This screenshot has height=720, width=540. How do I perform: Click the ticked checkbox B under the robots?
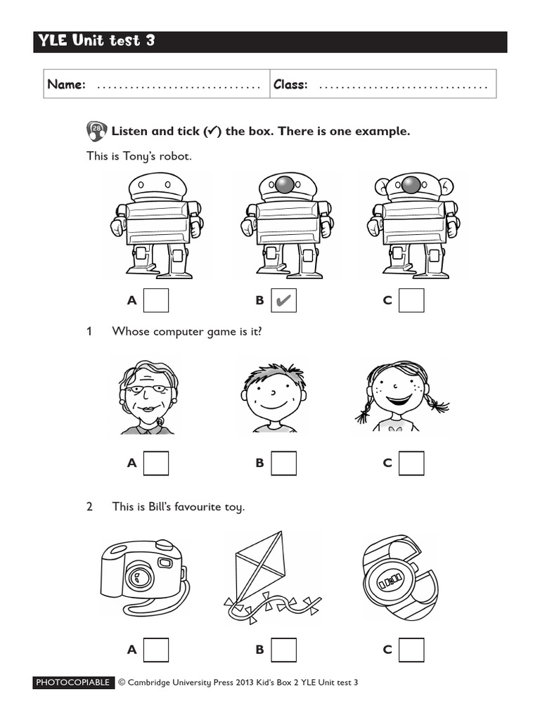coord(283,300)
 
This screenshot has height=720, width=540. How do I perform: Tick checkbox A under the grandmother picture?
coord(156,463)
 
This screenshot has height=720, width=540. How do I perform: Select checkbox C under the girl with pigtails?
coord(411,463)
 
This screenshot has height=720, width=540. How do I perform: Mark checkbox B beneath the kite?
coord(283,649)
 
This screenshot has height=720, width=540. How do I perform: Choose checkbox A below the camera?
coord(156,649)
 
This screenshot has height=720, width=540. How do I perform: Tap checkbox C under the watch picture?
coord(411,649)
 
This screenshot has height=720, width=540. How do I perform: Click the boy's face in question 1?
coord(274,397)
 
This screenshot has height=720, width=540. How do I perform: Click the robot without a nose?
coord(156,225)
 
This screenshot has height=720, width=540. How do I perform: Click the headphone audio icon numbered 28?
coord(96,131)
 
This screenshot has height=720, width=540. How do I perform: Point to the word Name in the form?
coord(66,84)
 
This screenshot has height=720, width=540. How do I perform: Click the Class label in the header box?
coord(290,84)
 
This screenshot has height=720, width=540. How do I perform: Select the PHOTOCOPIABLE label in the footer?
coord(73,682)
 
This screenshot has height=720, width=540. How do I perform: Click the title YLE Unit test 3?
coord(95,41)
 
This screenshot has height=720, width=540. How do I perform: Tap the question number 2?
coord(89,506)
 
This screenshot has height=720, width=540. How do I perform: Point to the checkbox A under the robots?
coord(156,300)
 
